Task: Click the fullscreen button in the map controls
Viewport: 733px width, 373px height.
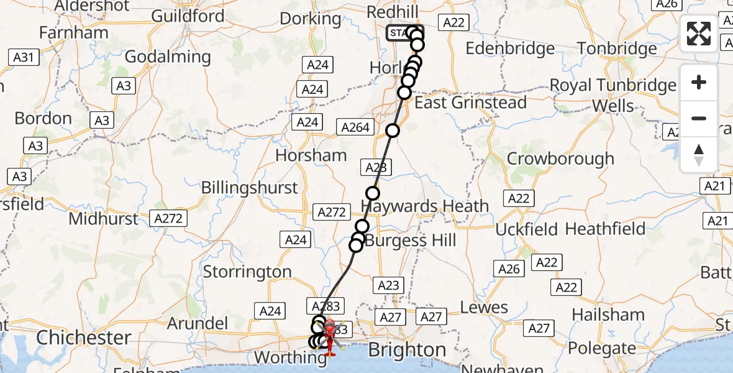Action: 699,34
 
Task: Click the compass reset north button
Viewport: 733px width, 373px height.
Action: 699,154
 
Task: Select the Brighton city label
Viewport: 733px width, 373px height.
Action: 407,349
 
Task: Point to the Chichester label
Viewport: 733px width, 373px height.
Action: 83,338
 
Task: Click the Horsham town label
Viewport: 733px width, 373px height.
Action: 311,155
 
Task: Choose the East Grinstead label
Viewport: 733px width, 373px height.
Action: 470,102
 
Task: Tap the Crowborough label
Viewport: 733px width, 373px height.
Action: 560,159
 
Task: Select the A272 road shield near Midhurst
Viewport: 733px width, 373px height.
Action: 169,218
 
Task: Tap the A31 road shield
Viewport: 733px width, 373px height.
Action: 23,58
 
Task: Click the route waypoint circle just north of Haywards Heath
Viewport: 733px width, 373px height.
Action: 372,193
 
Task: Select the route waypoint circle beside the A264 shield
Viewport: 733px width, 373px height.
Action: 392,131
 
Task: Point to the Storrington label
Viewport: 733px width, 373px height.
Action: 247,272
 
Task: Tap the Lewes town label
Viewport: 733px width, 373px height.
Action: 484,307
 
